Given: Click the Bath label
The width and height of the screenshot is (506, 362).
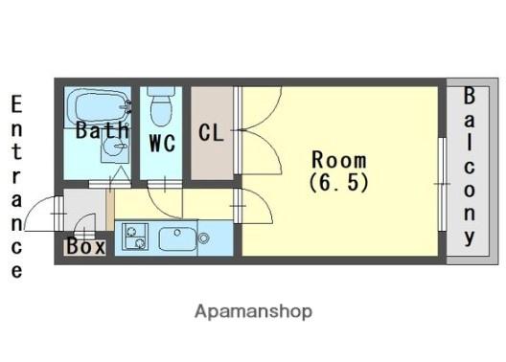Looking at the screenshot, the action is (x=103, y=130).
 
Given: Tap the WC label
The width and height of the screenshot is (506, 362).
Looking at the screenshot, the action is (x=162, y=143).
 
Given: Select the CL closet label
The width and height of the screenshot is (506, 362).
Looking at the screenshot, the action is (x=211, y=132).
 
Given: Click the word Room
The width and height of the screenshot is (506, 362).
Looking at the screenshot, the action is (x=339, y=160).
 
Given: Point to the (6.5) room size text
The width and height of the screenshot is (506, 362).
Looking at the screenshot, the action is (x=339, y=183).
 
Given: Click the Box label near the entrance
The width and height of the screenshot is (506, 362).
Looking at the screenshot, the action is (x=86, y=246).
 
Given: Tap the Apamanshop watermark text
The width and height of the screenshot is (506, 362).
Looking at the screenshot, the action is (x=253, y=311).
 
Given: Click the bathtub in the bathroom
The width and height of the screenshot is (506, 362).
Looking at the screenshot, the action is (x=99, y=106).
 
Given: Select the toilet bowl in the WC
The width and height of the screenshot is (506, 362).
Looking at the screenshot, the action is (x=161, y=110).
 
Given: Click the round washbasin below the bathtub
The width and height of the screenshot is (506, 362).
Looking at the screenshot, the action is (x=114, y=147).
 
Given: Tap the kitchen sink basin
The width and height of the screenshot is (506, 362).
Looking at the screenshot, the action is (x=177, y=238).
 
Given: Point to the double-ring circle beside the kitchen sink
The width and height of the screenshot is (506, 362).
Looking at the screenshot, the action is (x=203, y=238).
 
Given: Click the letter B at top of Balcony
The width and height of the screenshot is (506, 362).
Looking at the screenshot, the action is (x=470, y=96).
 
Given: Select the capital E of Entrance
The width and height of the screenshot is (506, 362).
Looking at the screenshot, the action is (x=16, y=103).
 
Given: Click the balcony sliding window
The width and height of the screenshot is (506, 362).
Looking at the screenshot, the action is (x=443, y=184).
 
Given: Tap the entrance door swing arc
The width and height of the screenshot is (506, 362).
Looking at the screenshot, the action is (x=38, y=206).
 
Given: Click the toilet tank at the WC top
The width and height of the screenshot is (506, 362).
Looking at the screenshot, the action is (x=161, y=91).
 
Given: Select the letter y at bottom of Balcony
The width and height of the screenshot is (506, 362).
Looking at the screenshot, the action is (x=470, y=238).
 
